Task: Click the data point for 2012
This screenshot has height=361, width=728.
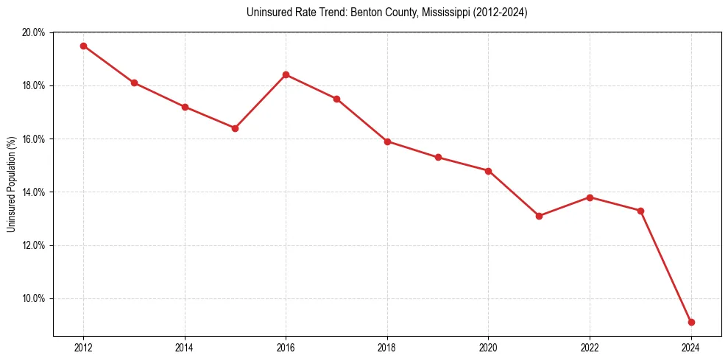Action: coord(83,46)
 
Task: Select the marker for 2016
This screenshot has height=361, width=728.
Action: coord(286,74)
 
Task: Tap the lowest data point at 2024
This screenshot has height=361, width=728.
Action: coord(691,322)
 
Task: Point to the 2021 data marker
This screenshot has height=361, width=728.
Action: coord(539,216)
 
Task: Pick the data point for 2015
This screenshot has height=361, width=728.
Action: coord(235,128)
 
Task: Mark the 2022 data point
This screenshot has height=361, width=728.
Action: coord(590,197)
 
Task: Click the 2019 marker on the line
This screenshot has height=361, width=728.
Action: coord(438,157)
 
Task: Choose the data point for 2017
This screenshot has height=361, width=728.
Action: coord(336,99)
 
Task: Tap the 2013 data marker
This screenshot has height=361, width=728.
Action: coord(134,83)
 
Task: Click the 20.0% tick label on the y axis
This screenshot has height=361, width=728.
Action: coord(34,32)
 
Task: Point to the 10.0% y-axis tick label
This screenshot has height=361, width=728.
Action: coord(34,298)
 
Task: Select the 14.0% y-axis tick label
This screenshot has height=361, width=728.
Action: coord(34,192)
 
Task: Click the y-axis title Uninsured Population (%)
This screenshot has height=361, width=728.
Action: coord(12,184)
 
